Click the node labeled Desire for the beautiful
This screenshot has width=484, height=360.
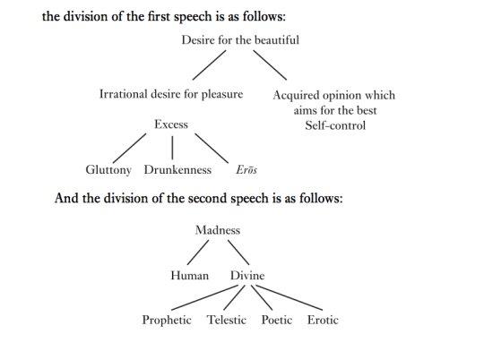[240, 40]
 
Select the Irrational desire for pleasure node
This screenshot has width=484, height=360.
[171, 94]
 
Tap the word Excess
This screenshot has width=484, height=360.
[171, 124]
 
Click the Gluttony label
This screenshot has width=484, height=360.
[108, 170]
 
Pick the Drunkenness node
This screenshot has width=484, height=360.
[177, 169]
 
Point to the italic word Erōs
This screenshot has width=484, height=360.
[246, 169]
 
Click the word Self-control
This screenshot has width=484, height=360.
[335, 125]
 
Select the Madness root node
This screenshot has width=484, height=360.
[218, 230]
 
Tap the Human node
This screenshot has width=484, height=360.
[190, 276]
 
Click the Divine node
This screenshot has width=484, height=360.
[247, 276]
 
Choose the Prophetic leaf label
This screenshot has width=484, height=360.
[167, 320]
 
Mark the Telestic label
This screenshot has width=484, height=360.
[226, 320]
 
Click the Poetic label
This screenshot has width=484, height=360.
[277, 320]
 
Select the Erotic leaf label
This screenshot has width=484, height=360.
[323, 320]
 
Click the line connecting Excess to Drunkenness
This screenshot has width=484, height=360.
[172, 148]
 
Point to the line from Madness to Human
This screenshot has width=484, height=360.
[198, 253]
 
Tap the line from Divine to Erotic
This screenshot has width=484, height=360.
[290, 297]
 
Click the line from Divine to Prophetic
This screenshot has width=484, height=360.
[204, 297]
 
